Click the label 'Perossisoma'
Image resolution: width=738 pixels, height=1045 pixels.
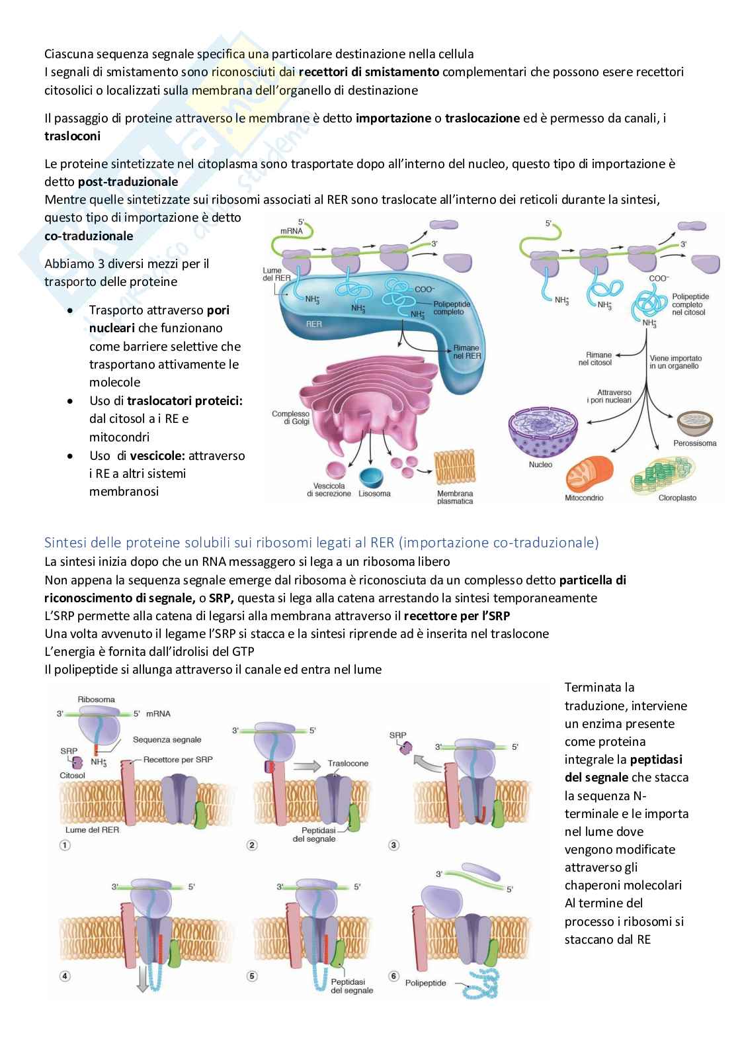point(695,443)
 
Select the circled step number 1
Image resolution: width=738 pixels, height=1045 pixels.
point(65,844)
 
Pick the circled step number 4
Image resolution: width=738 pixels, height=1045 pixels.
point(65,976)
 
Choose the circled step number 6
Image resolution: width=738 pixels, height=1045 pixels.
point(395,976)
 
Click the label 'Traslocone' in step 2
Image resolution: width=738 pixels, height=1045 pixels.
point(348,763)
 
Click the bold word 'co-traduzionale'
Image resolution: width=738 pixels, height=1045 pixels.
point(89,236)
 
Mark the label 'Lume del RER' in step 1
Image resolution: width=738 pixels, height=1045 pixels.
point(92,829)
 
